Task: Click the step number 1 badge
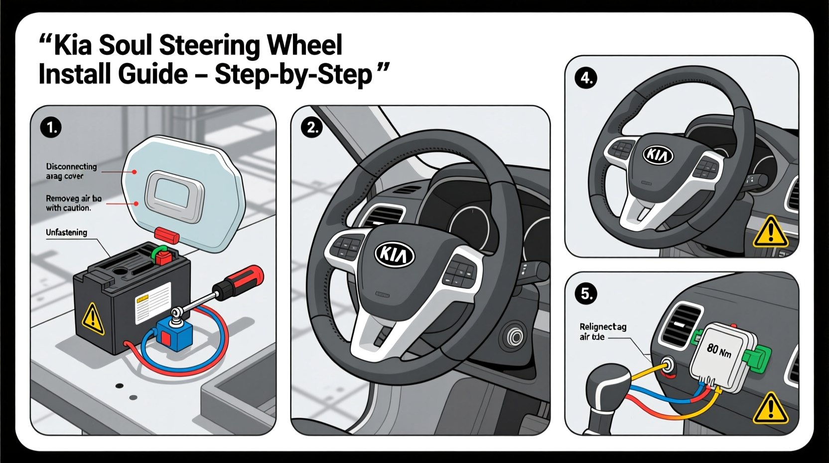coord(51,128)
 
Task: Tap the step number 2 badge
coord(312,128)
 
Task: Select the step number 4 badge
coord(586,78)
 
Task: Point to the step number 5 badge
coord(586,293)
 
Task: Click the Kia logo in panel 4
coord(658,155)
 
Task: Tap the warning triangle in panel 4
coord(770,232)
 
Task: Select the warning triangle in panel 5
coord(770,408)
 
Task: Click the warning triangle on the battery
coord(93,319)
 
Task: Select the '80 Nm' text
coord(719,350)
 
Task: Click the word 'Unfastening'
coord(66,232)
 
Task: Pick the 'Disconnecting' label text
coord(71,167)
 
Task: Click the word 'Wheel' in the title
coord(304,45)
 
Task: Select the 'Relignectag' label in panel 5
coord(603,327)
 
